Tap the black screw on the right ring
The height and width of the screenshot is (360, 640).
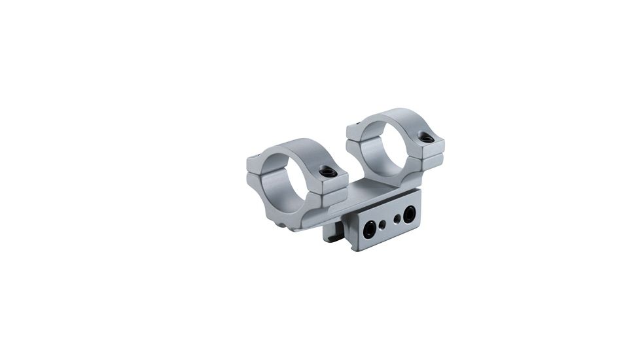[427, 137]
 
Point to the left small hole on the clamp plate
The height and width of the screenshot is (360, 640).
[383, 225]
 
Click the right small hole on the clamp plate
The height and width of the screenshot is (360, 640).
[397, 219]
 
